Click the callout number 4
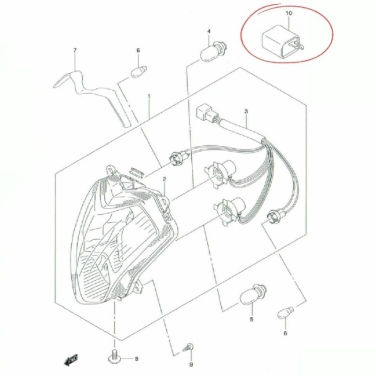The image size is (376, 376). (x=209, y=31)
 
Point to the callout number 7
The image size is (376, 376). (x=75, y=50)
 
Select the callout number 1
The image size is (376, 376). (x=149, y=97)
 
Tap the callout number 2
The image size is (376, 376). (x=164, y=179)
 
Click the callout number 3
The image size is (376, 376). (x=246, y=112)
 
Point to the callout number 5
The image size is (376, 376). (x=251, y=320)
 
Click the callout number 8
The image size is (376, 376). (x=137, y=359)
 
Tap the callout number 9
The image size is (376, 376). (x=191, y=364)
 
